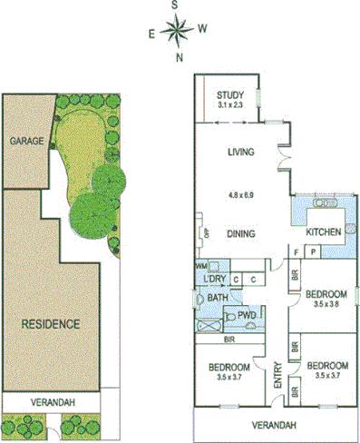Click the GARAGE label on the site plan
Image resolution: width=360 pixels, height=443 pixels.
(x=21, y=142)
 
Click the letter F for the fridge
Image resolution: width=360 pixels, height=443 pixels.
(x=297, y=251)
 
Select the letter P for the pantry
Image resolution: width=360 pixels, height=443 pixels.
(x=312, y=251)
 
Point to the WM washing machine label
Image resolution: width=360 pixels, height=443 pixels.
(x=201, y=266)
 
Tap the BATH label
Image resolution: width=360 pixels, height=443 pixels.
(x=217, y=297)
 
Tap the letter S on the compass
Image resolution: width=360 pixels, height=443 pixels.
(x=176, y=5)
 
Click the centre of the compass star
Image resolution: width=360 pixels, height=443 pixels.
(x=176, y=32)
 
